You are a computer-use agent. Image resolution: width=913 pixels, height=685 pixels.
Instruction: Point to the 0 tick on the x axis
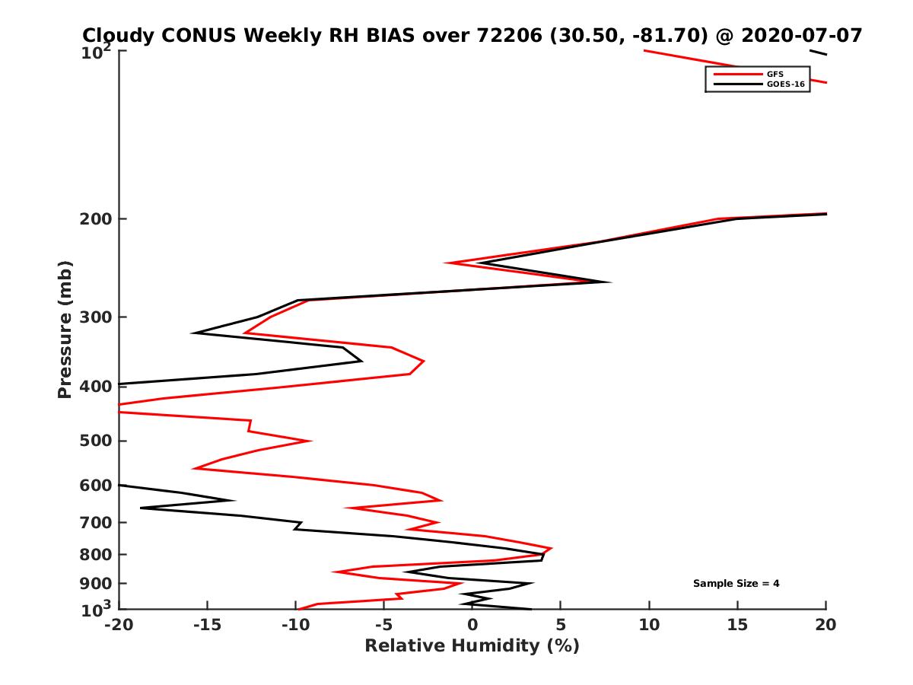pyautogui.click(x=472, y=625)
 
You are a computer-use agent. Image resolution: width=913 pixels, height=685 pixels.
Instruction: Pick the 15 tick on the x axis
pyautogui.click(x=737, y=625)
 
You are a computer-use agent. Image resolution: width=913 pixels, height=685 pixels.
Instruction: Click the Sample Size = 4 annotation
pyautogui.click(x=736, y=584)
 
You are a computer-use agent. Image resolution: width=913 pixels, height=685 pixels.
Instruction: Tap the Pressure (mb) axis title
pyautogui.click(x=65, y=329)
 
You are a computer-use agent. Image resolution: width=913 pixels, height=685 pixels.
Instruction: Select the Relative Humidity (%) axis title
pyautogui.click(x=472, y=646)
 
